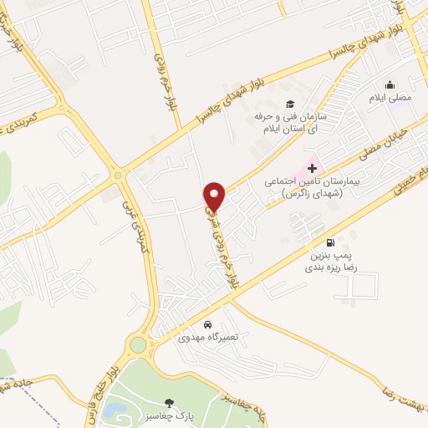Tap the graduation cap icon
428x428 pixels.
pos(289,104)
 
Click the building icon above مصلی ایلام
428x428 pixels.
pos(390,84)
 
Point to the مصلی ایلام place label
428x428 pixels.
pos(391,98)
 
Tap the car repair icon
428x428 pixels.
pos(207,324)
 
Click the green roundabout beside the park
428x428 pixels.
pos(136,344)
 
